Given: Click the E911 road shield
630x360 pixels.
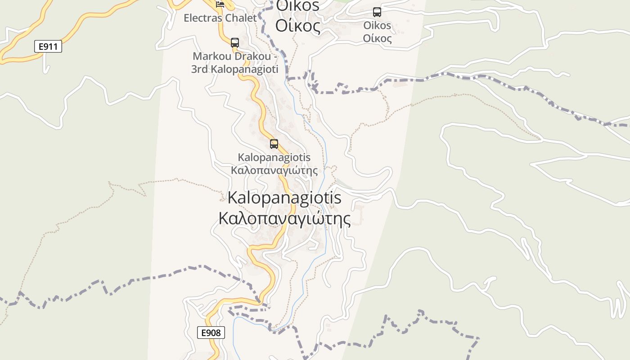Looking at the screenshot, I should [x=48, y=46].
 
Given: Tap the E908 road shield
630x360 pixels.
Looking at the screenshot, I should [x=211, y=333].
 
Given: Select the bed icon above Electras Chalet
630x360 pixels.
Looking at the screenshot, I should [x=220, y=4].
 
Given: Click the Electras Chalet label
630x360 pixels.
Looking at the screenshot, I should [x=220, y=18].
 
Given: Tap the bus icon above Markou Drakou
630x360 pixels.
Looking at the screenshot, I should [x=234, y=43].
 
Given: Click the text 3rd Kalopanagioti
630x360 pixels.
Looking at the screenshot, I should [x=234, y=69].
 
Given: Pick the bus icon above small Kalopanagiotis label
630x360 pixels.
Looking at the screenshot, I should [x=274, y=144].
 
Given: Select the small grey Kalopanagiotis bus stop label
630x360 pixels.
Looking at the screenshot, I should [x=274, y=157].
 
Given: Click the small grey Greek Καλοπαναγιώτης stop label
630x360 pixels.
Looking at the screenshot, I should [x=274, y=171].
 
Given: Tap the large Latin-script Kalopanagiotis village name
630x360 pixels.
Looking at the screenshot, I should [x=284, y=198].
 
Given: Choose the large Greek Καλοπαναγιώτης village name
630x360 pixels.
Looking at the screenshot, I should [x=284, y=219].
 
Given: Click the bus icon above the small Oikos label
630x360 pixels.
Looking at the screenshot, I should [x=377, y=12].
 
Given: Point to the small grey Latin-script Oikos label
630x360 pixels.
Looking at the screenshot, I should [x=377, y=26].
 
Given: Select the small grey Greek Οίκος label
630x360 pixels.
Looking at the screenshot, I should [x=377, y=38].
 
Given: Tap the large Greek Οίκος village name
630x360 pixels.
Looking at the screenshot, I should [x=298, y=26].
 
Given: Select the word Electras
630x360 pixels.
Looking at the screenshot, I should [x=203, y=18].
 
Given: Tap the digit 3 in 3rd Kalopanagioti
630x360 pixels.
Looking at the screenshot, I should [x=194, y=70].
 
